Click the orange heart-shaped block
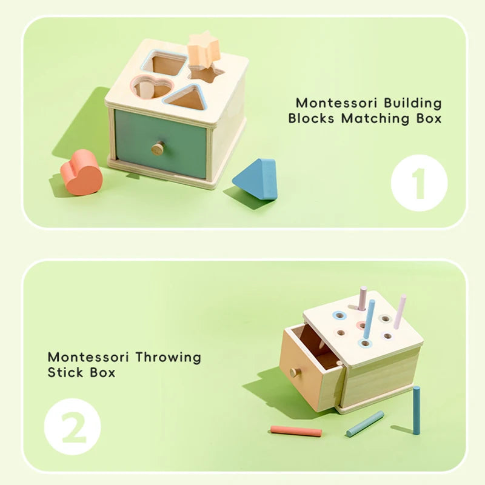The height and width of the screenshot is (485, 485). [81, 173]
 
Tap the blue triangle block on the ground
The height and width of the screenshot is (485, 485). [256, 179]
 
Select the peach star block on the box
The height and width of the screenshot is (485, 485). [203, 50]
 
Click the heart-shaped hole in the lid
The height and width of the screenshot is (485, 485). [151, 89]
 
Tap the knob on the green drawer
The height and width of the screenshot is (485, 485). [158, 148]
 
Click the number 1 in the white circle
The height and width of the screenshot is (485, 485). [419, 182]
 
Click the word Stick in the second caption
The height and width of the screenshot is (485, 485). [64, 372]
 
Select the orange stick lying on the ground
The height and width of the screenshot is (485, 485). [296, 431]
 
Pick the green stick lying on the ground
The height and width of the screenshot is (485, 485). [365, 423]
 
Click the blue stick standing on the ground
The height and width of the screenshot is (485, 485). [416, 410]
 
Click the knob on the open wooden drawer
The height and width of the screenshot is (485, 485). [295, 372]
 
